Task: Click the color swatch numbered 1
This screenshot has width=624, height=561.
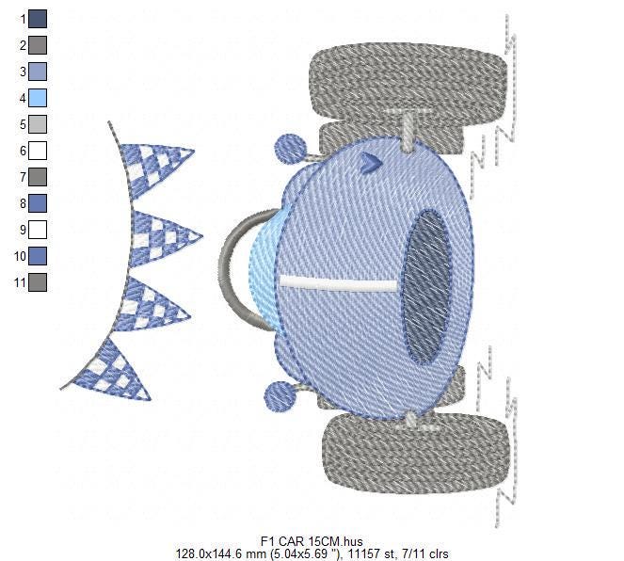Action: [x=38, y=19]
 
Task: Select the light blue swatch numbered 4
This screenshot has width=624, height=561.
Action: [x=38, y=98]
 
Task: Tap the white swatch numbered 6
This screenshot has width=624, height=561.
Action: [x=38, y=151]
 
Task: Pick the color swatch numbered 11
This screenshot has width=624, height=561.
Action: [x=38, y=282]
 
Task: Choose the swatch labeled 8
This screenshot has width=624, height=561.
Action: [x=38, y=203]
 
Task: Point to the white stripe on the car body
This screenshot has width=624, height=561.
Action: [x=338, y=283]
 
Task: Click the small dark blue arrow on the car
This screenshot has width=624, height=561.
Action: [x=371, y=163]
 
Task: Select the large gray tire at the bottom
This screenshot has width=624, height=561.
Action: [x=416, y=453]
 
